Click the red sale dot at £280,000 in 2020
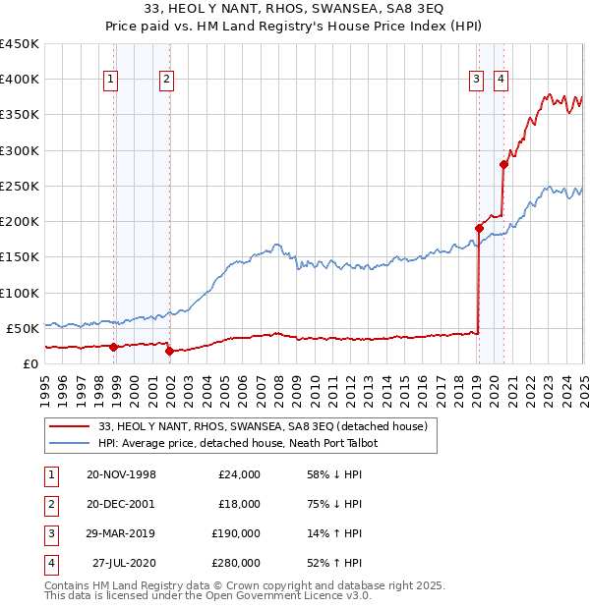503,165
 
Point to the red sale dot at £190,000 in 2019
480,228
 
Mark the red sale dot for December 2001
169,351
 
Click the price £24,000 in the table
239,474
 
